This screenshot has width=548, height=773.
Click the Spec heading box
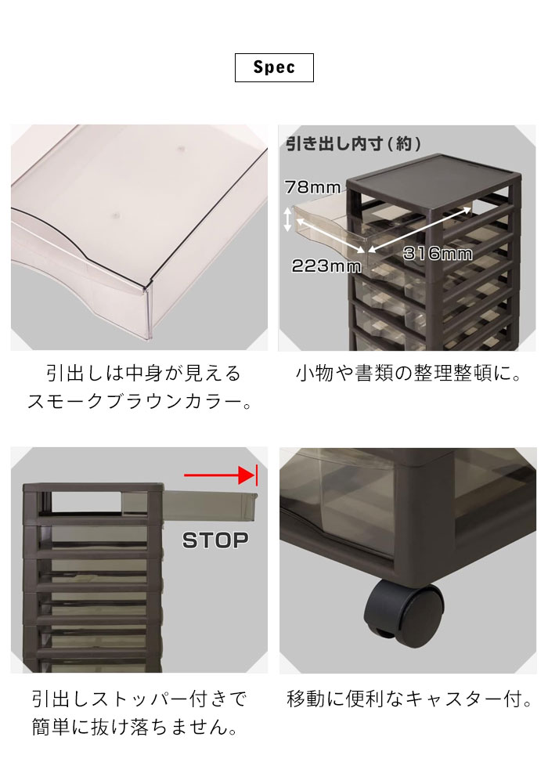tap(274, 67)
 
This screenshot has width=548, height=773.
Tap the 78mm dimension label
tap(312, 187)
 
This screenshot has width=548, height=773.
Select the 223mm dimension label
tap(326, 266)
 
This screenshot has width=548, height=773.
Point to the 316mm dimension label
tap(438, 254)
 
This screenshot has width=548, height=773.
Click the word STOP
tap(215, 540)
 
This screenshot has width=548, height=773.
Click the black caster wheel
tap(402, 610)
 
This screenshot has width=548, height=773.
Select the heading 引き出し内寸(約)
tap(354, 143)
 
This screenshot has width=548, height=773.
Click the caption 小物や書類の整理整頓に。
tap(409, 374)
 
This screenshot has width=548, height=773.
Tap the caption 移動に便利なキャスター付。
tap(409, 699)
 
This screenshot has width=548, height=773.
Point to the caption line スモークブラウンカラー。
tap(139, 402)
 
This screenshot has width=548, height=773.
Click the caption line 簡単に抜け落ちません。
tap(135, 727)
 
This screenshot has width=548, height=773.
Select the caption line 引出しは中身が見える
tap(144, 374)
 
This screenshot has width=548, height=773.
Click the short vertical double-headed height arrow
tap(288, 219)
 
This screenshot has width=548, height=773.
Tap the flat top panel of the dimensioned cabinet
tap(434, 171)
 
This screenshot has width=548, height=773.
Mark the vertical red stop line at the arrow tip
tap(257, 475)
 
